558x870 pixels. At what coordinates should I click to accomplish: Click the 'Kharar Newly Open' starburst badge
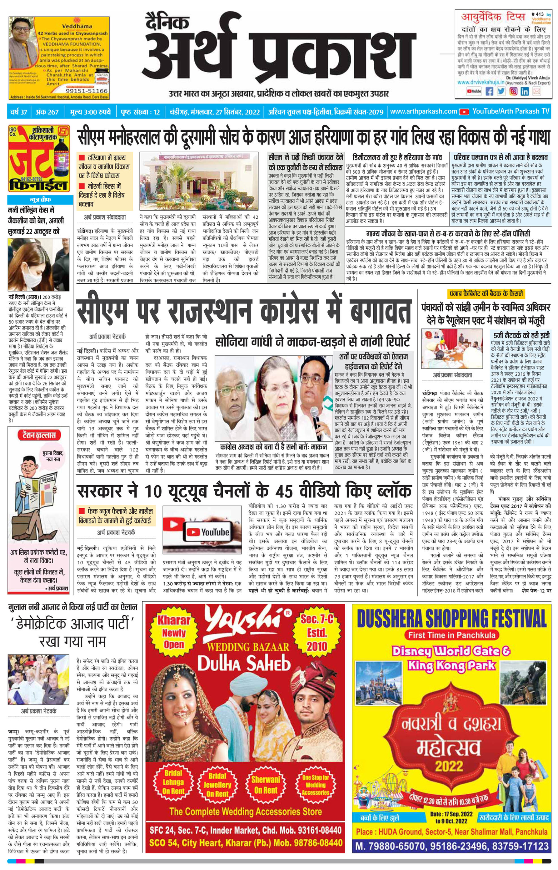point(174,632)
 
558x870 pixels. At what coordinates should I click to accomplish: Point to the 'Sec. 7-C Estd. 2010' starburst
point(317,632)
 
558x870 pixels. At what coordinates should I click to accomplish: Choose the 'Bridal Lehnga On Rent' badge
point(173,786)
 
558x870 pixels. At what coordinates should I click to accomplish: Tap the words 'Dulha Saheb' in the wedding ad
point(244,664)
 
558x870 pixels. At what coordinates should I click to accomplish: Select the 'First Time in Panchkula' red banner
point(451,635)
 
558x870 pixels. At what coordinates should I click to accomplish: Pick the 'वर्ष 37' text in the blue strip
point(19,112)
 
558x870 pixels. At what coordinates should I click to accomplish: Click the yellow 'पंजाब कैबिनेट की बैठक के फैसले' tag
point(486,293)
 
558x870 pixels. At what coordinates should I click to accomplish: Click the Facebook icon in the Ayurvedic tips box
point(489,91)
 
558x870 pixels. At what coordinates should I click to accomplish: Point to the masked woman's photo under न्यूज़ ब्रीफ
point(38,264)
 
